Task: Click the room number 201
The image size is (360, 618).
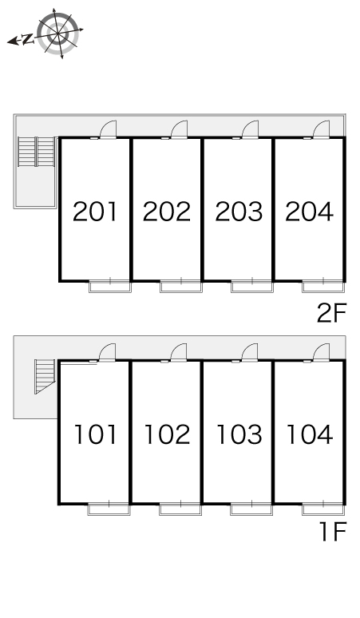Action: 95,212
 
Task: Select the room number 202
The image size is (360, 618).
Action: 167,212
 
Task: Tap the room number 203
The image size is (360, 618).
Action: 239,212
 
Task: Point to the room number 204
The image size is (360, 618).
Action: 310,212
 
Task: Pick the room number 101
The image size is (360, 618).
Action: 96,434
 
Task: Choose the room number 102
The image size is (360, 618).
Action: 167,434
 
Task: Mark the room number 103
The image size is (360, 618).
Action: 239,434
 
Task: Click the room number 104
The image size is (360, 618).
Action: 310,434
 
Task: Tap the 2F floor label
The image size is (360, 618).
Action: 331,313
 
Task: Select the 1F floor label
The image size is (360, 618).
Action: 333,531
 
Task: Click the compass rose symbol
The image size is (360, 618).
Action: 58,33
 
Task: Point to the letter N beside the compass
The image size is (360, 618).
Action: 27,39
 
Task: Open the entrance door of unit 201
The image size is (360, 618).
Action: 109,129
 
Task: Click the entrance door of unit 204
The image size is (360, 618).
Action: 321,129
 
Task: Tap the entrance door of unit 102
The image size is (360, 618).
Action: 179,352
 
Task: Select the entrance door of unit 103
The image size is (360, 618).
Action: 249,352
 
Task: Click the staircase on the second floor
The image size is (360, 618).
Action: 36,152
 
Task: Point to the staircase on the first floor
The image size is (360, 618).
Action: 45,376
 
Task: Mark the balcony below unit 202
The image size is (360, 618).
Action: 181,286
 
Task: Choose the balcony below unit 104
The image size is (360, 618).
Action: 323,509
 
